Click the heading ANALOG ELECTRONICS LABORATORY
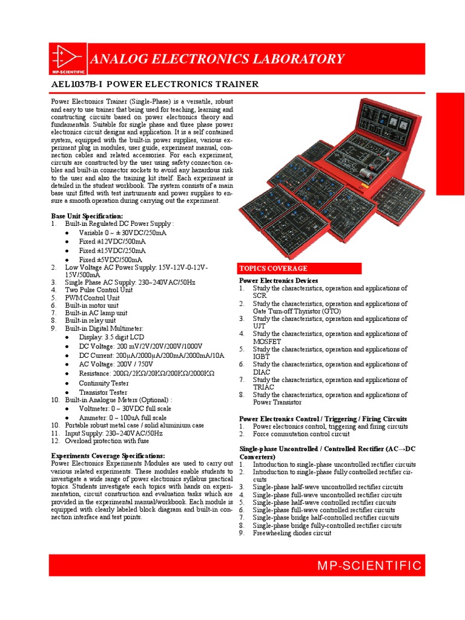tap(217, 59)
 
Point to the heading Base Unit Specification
tap(87, 216)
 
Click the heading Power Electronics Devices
tap(279, 281)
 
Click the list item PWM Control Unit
tap(92, 297)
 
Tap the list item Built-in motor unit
tap(93, 305)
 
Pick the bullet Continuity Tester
tap(104, 383)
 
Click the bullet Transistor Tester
tap(103, 392)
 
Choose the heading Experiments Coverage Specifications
tap(108, 455)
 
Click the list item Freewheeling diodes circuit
tap(292, 533)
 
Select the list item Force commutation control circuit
tap(301, 434)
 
